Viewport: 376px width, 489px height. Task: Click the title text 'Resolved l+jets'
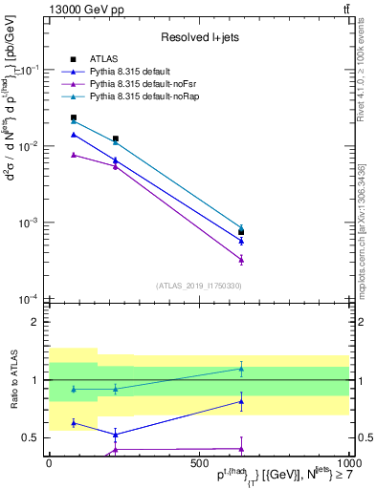[x=198, y=37]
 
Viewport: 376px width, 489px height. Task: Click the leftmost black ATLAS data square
[x=74, y=117]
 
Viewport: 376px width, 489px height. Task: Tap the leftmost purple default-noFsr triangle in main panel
[x=74, y=154]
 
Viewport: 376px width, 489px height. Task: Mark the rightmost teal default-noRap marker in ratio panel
[x=241, y=369]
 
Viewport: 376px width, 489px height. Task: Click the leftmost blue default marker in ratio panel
[x=74, y=422]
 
